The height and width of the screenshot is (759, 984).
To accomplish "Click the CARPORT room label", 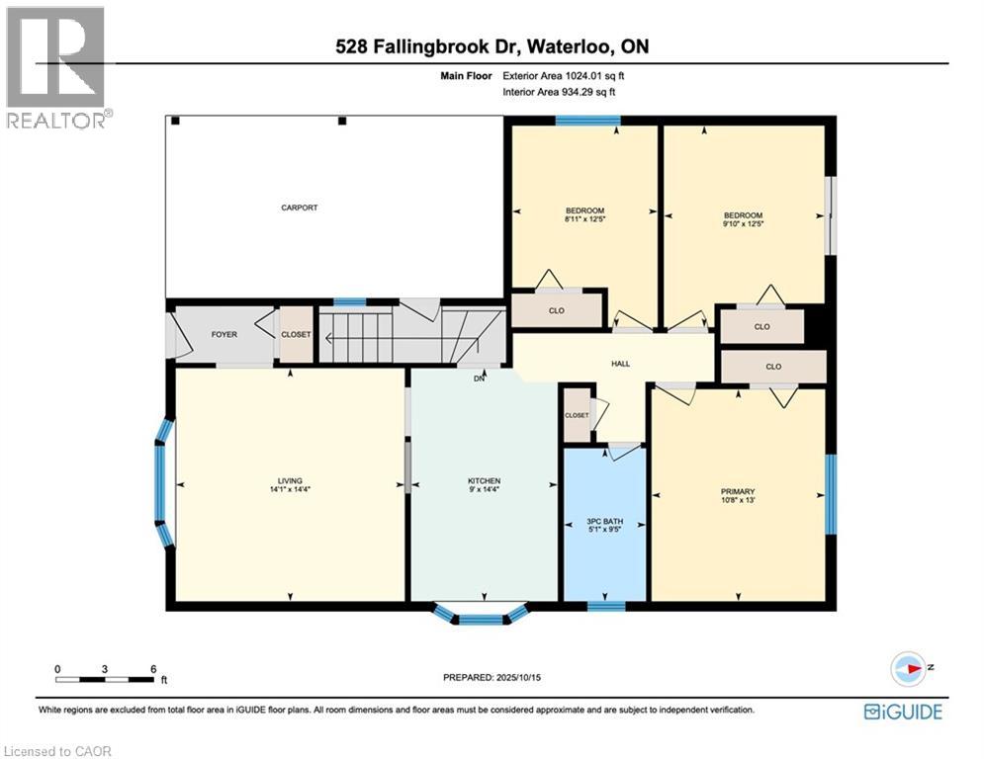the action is (300, 208).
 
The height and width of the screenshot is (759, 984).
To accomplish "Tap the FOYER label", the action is (224, 334).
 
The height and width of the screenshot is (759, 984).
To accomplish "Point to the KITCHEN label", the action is (485, 481).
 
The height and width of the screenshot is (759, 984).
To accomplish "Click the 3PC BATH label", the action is (605, 521).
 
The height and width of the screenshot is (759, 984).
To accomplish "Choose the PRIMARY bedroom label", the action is (738, 492).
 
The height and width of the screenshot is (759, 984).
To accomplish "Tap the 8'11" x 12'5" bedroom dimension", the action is (584, 219).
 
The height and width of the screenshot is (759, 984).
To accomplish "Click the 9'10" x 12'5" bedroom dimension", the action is (743, 223).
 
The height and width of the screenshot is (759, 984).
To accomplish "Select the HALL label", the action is (621, 364).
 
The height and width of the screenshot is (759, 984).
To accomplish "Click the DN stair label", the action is (480, 379).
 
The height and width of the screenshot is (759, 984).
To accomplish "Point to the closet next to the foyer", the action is (296, 334).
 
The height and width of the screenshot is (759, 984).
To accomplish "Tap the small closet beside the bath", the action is (577, 415).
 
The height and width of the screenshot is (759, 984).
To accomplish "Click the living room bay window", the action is (164, 483).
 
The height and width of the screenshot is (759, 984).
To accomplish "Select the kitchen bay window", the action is (482, 616).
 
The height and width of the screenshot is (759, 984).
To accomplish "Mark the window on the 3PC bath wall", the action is (606, 606).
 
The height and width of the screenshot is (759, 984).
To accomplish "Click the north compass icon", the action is (908, 669).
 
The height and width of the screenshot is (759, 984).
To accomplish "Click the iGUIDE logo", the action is (903, 712).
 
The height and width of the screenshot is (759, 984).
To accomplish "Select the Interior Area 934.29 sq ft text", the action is (559, 92).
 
